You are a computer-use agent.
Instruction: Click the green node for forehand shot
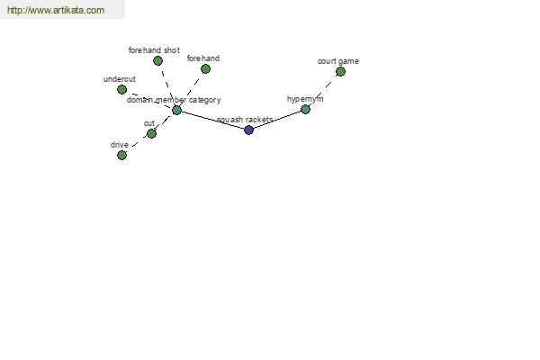pyautogui.click(x=157, y=61)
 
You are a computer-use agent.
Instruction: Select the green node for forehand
pyautogui.click(x=205, y=69)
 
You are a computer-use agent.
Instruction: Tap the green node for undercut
pyautogui.click(x=121, y=90)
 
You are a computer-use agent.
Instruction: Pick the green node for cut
pyautogui.click(x=151, y=133)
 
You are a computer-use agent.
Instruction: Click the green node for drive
pyautogui.click(x=121, y=156)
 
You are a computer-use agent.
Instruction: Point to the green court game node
pyautogui.click(x=340, y=72)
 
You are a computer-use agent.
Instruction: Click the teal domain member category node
pyautogui.click(x=176, y=110)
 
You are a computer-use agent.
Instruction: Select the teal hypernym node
pyautogui.click(x=305, y=110)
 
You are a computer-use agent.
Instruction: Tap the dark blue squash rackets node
pyautogui.click(x=249, y=130)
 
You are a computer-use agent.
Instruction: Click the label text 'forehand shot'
pyautogui.click(x=154, y=50)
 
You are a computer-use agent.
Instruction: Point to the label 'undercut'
pyautogui.click(x=120, y=79)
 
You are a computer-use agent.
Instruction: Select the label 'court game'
pyautogui.click(x=338, y=61)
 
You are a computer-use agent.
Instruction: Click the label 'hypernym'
pyautogui.click(x=305, y=99)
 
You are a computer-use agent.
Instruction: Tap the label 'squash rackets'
pyautogui.click(x=245, y=120)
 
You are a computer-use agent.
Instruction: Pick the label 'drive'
pyautogui.click(x=120, y=145)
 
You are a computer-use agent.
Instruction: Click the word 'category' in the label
pyautogui.click(x=205, y=100)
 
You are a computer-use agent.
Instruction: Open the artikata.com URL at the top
pyautogui.click(x=56, y=10)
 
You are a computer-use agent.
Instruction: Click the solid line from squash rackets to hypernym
pyautogui.click(x=277, y=120)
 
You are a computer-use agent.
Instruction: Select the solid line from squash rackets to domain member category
pyautogui.click(x=212, y=121)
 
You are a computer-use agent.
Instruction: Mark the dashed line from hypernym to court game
pyautogui.click(x=323, y=91)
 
